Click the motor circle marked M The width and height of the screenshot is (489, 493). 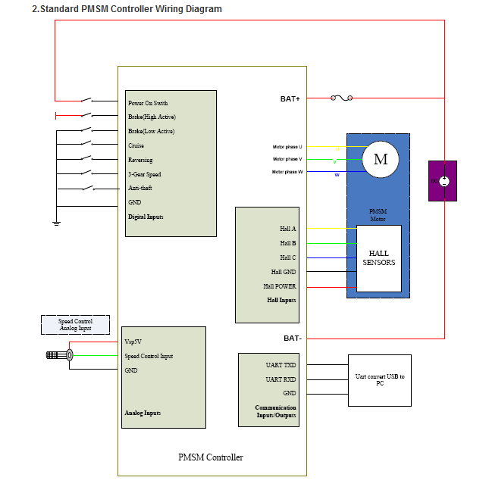381,159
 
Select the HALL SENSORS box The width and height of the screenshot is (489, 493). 378,258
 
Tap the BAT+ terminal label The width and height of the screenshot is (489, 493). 290,98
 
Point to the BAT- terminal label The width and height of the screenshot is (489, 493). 293,338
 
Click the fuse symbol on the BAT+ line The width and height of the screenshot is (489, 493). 343,98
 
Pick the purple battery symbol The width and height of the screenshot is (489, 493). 443,181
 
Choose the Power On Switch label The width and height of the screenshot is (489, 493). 148,103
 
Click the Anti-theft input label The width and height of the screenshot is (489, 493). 140,188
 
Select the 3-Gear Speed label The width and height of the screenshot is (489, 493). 144,174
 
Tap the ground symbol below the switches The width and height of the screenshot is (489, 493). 56,223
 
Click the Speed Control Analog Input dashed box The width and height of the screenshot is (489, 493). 75,325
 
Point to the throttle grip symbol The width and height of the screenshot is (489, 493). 59,355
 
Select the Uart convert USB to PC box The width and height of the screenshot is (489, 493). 380,380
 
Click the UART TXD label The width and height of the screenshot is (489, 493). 281,365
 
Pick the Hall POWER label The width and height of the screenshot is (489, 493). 280,286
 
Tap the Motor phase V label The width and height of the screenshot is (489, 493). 287,159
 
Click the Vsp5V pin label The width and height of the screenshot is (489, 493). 133,342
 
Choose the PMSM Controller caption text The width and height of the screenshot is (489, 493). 211,457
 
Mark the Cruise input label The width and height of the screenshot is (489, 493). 136,145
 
